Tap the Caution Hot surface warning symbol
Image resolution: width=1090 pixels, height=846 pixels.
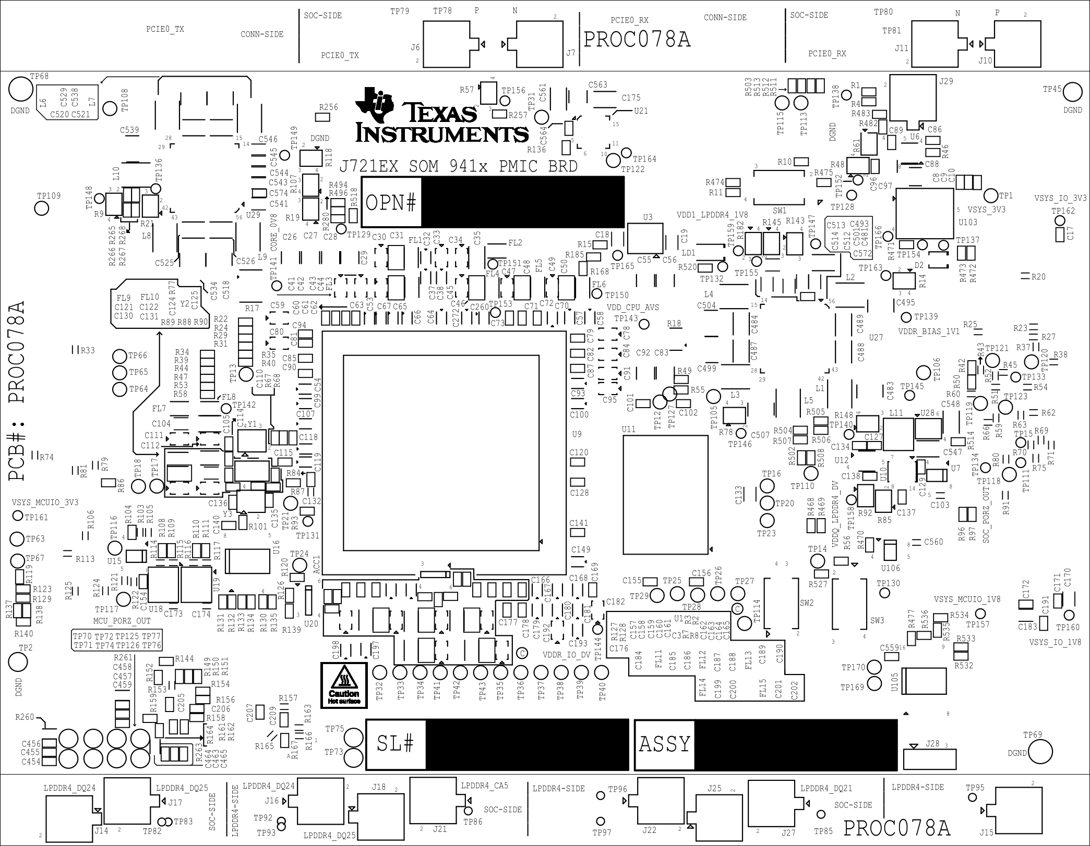[x=344, y=685]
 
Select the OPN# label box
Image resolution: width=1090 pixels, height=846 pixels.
[x=391, y=202]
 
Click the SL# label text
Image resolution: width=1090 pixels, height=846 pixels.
[x=396, y=744]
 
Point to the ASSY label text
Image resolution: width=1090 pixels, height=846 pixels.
[x=664, y=744]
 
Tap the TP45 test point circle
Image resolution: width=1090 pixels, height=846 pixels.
[x=1073, y=92]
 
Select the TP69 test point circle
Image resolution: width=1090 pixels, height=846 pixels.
[x=1039, y=752]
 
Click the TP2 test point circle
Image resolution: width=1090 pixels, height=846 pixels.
[x=18, y=663]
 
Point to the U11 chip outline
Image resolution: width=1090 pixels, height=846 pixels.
[x=665, y=495]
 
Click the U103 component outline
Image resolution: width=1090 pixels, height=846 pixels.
[x=924, y=213]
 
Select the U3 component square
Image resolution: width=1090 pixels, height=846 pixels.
[x=645, y=239]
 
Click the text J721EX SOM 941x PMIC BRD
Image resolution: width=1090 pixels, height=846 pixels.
[x=458, y=166]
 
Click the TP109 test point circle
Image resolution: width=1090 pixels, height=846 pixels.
[x=41, y=208]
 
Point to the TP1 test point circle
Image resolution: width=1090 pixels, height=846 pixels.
[x=990, y=197]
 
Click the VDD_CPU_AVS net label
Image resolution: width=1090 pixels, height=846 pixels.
[x=632, y=308]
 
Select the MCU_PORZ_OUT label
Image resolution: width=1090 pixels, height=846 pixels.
[x=122, y=621]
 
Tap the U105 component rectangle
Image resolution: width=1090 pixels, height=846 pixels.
[x=925, y=681]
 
